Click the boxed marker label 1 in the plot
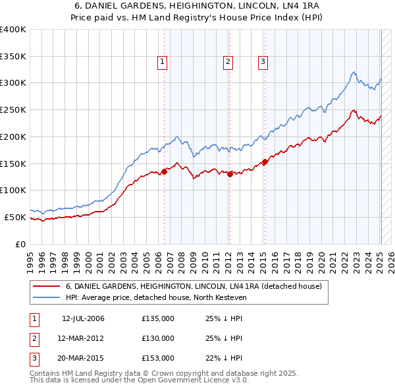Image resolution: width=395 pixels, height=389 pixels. click(x=162, y=62)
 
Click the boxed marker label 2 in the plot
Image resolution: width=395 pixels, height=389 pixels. click(x=228, y=62)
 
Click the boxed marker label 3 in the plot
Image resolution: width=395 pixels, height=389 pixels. click(x=263, y=62)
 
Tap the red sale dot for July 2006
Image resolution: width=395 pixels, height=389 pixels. click(x=164, y=171)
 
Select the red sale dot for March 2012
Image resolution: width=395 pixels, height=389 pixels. click(x=230, y=174)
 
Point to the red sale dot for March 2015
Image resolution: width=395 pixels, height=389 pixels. click(x=265, y=162)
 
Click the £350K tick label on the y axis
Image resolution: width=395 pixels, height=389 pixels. click(x=13, y=57)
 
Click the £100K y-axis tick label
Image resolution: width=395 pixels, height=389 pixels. click(x=13, y=190)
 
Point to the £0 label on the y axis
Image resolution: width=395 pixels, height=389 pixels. click(x=20, y=244)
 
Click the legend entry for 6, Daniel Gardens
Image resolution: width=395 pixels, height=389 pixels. click(x=193, y=286)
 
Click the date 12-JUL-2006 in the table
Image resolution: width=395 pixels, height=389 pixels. click(x=83, y=318)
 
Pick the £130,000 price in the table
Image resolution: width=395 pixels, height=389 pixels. click(x=158, y=338)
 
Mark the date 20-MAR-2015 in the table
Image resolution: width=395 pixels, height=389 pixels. click(x=83, y=358)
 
